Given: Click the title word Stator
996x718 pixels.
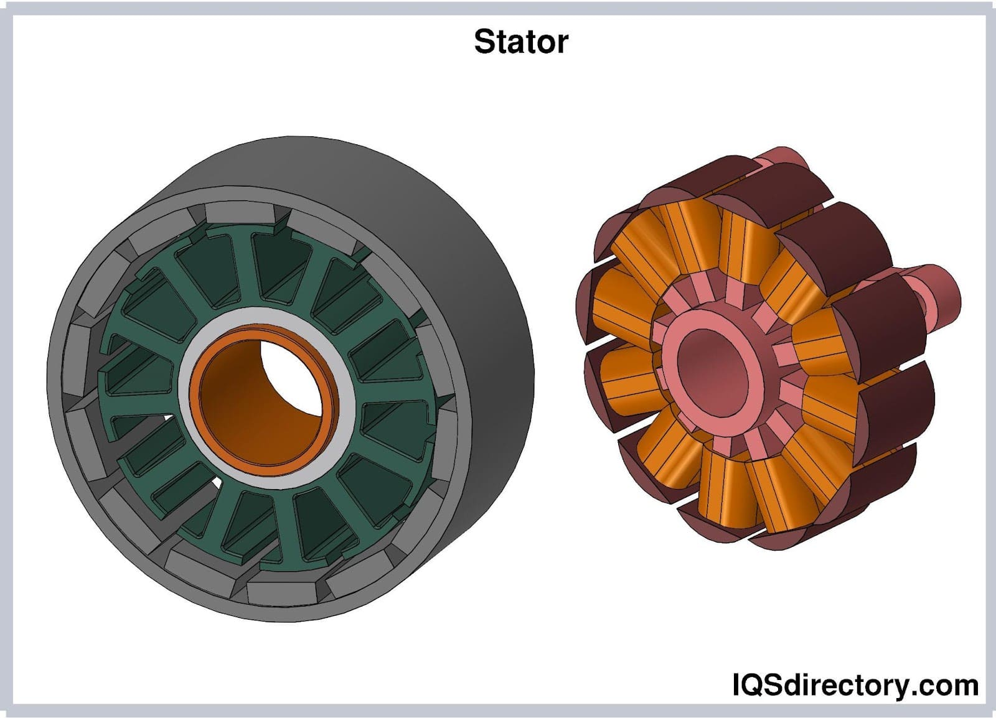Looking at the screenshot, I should pyautogui.click(x=520, y=42).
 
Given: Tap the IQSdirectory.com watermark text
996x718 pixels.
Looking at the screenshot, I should pyautogui.click(x=854, y=685).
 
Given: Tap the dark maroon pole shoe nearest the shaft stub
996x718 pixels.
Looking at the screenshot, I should pyautogui.click(x=872, y=324).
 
